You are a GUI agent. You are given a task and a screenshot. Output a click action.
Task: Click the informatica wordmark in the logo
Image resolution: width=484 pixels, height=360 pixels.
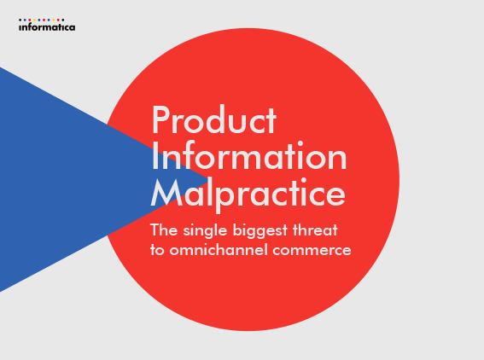point(47,27)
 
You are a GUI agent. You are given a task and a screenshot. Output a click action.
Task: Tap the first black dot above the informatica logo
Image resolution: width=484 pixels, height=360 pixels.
point(20,20)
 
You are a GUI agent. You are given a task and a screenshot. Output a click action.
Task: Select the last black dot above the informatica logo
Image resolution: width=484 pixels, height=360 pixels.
point(63,20)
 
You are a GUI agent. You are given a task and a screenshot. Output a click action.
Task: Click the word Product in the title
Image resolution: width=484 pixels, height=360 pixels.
point(213,119)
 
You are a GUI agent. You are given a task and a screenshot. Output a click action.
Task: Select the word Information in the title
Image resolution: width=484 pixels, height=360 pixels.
point(249,155)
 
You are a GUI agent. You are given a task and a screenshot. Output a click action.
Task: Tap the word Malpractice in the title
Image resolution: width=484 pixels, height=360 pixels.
point(248,194)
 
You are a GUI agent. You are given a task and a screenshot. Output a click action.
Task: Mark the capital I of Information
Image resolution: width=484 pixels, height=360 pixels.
point(155,156)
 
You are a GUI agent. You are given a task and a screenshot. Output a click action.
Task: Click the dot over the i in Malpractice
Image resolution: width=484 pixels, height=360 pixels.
point(303,180)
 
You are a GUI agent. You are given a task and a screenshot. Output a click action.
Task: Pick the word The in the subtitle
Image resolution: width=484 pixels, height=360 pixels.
point(164,230)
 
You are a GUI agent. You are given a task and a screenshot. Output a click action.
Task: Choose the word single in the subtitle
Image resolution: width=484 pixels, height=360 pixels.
point(205,231)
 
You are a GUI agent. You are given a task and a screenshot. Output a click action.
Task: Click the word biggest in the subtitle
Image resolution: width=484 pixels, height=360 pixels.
point(260,231)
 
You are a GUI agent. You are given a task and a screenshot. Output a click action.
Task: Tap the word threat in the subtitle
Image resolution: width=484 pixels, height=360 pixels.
point(315,230)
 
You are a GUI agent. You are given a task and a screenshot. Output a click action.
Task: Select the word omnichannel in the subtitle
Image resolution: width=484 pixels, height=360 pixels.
point(219,250)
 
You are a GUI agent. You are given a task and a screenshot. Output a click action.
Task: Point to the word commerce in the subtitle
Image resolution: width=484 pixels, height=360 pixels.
point(312,251)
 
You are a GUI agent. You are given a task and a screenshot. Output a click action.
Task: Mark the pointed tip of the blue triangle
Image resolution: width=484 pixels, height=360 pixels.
point(207,179)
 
